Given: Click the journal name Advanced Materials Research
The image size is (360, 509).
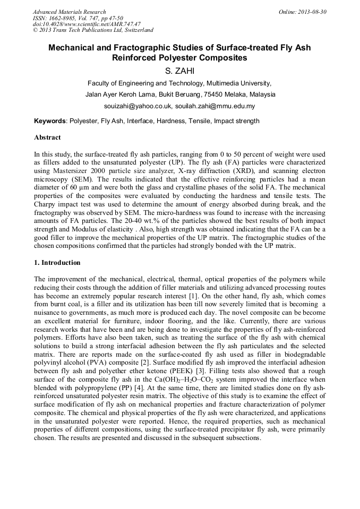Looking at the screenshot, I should coord(69,12).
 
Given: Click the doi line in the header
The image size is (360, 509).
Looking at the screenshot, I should coord(87,24).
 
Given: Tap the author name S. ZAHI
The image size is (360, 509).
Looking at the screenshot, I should coord(179,71).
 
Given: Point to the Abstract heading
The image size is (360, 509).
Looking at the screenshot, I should coord(47,137).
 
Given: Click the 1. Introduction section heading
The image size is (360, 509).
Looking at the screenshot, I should coord(57,263).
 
